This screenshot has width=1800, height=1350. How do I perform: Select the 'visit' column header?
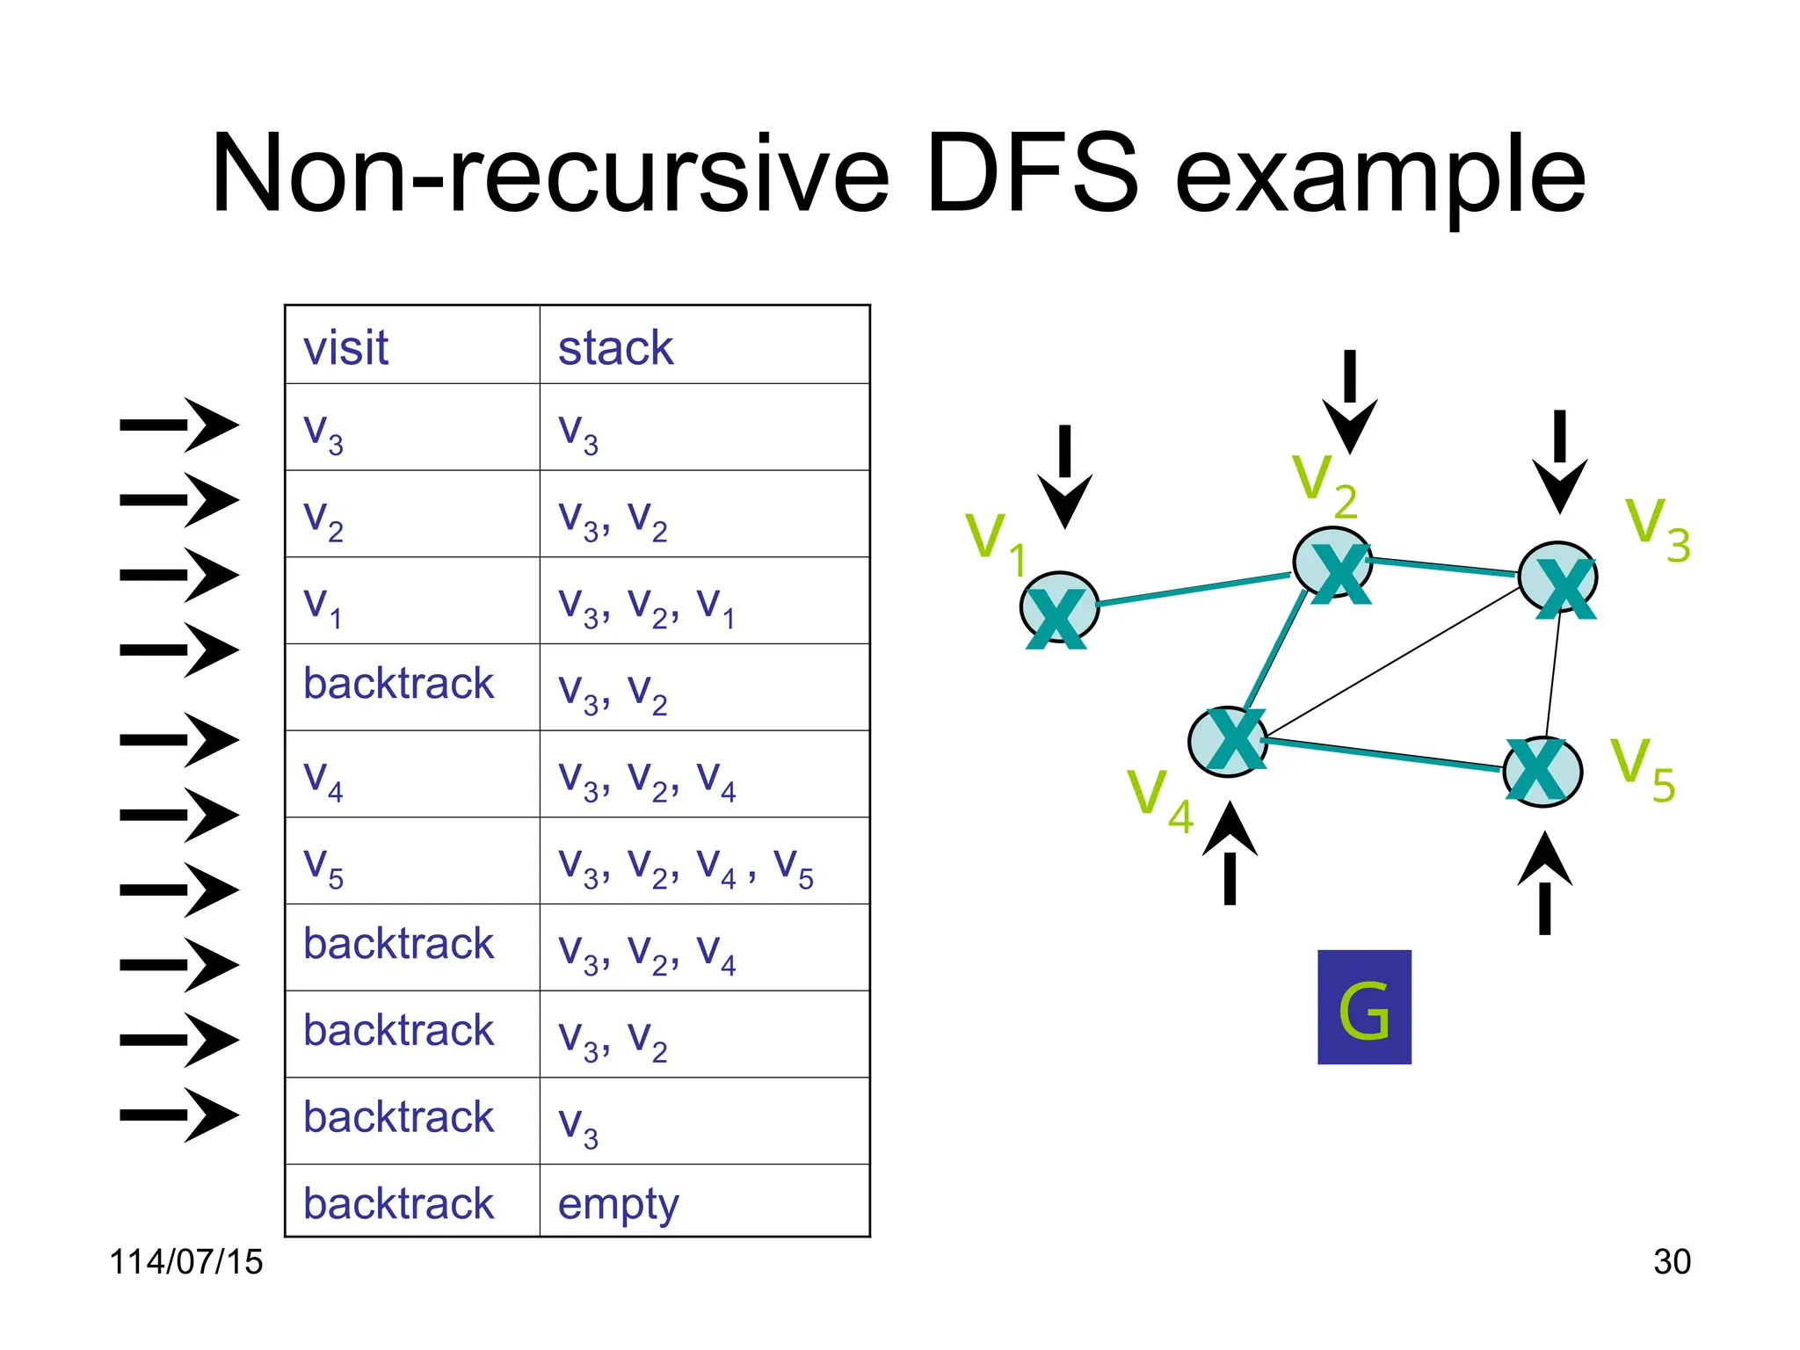pyautogui.click(x=345, y=347)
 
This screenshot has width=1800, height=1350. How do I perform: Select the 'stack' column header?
pyautogui.click(x=615, y=347)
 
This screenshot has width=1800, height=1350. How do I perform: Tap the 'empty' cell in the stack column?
pyautogui.click(x=618, y=1204)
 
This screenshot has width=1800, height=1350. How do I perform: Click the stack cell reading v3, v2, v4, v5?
pyautogui.click(x=686, y=865)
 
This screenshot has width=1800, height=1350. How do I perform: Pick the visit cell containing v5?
pyautogui.click(x=323, y=865)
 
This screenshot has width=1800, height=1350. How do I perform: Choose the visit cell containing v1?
pyautogui.click(x=322, y=605)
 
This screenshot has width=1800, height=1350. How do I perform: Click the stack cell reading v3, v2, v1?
pyautogui.click(x=646, y=605)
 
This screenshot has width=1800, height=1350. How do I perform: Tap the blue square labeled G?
pyautogui.click(x=1364, y=1007)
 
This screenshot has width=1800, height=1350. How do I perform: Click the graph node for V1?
pyautogui.click(x=1059, y=608)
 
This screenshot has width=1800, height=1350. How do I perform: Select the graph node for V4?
pyautogui.click(x=1228, y=742)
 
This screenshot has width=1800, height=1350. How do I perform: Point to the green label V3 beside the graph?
pyautogui.click(x=1657, y=529)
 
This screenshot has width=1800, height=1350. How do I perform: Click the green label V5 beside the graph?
pyautogui.click(x=1642, y=770)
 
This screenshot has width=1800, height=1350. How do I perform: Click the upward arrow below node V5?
pyautogui.click(x=1544, y=882)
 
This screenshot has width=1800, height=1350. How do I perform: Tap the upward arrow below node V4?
pyautogui.click(x=1230, y=853)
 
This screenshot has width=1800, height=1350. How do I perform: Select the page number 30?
pyautogui.click(x=1671, y=1262)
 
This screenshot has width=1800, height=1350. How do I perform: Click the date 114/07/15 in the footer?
pyautogui.click(x=185, y=1262)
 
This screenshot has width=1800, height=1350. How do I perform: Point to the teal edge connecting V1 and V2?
pyautogui.click(x=1194, y=590)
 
